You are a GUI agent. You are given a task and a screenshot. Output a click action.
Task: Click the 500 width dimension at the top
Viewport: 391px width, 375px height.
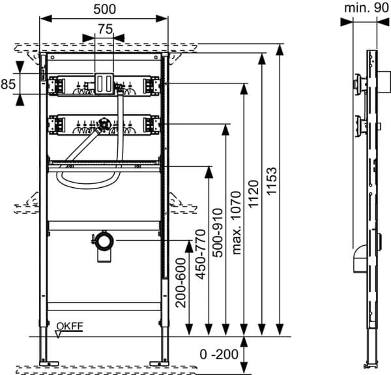tap(104, 9)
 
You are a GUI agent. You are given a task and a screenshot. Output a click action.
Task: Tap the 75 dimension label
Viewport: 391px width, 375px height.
tap(105, 29)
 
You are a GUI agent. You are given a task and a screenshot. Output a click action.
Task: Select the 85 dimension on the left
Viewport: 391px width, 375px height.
tap(8, 84)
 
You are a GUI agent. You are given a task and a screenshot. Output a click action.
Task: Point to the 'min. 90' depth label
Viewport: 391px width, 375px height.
tap(366, 8)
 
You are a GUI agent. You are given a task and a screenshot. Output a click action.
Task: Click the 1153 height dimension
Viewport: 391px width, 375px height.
tap(272, 181)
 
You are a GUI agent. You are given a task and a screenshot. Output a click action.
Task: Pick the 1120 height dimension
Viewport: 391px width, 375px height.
tap(253, 194)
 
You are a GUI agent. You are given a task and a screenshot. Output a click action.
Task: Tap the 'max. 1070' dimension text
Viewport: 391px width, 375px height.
tap(236, 222)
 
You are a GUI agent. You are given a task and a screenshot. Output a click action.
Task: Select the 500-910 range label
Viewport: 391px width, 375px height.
tap(218, 233)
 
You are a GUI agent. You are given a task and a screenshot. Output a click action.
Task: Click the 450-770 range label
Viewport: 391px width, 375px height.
tap(201, 254)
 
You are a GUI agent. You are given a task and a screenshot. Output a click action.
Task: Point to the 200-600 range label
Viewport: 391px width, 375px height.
tap(181, 282)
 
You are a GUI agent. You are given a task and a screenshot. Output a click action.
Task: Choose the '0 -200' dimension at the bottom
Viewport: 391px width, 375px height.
tap(219, 354)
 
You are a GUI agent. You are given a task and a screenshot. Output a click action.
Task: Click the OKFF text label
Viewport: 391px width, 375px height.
tap(70, 326)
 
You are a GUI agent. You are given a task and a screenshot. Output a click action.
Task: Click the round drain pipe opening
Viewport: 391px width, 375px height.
tap(105, 241)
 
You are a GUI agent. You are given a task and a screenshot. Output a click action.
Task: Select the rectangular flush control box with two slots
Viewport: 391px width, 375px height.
tap(104, 83)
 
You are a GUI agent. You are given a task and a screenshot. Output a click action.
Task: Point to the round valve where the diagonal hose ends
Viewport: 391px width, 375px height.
tap(103, 123)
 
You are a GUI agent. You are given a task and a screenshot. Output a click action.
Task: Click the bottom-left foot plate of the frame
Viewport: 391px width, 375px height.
tap(49, 363)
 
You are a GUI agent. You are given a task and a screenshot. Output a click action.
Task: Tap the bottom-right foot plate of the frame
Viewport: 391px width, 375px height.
tap(160, 363)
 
